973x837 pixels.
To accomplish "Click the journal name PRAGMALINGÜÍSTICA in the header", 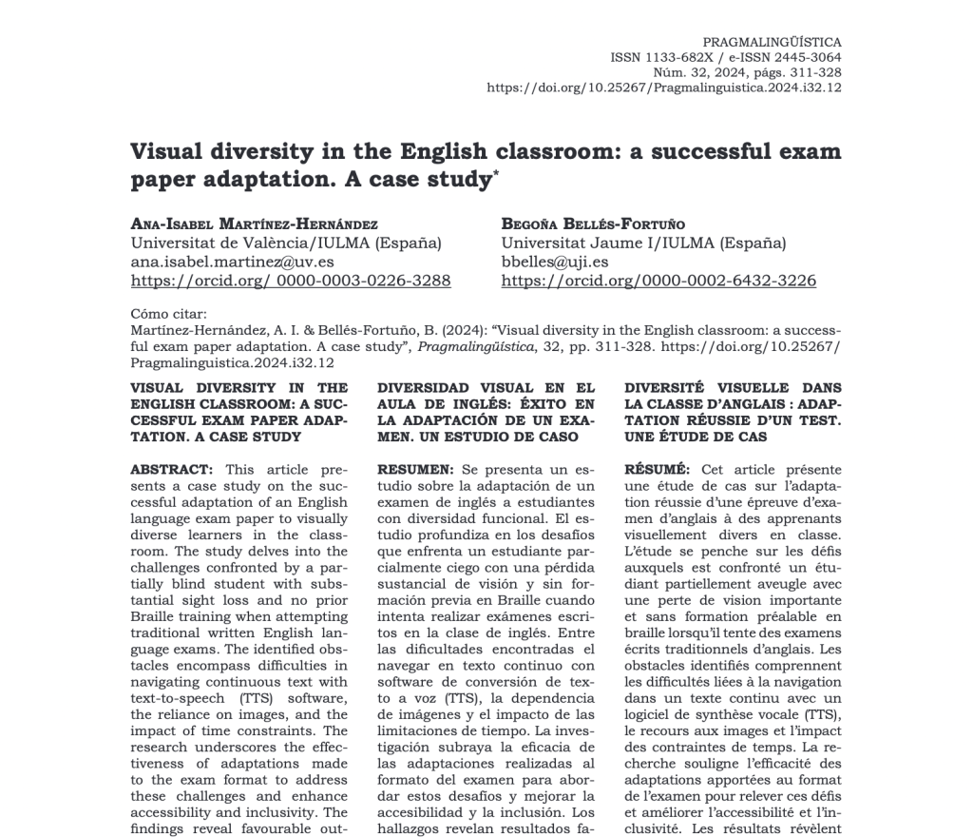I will coord(772,43).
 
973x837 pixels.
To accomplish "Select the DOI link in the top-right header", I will coord(663,88).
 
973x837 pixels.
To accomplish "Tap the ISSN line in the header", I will coord(725,57).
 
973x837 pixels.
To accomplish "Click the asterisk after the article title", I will coord(495,172).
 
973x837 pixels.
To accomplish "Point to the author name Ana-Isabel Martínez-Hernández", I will coord(254,224).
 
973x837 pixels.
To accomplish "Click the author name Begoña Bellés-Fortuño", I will coord(593,224).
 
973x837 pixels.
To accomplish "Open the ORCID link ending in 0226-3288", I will coord(290,281).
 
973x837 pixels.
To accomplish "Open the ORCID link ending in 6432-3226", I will coord(658,281).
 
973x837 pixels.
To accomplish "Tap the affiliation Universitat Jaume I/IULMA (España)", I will coord(643,243).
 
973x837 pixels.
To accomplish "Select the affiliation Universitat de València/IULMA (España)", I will coord(285,243).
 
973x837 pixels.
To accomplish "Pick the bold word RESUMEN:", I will coord(415,469).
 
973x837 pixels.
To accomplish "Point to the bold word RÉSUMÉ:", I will coord(658,469).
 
